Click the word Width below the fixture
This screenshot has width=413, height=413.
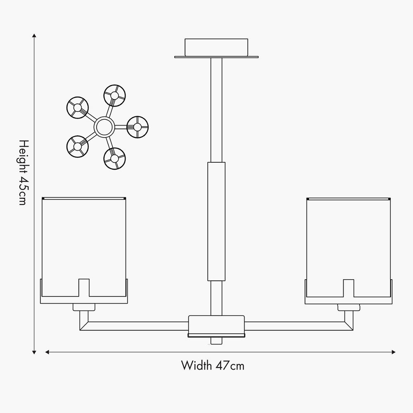197,366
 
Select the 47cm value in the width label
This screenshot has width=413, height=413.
230,366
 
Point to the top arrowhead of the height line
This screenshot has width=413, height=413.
34,36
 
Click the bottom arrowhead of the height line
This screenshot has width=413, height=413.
34,352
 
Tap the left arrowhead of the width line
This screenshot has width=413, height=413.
47,352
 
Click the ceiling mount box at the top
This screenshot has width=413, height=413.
216,47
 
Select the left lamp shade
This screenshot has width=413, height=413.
84,247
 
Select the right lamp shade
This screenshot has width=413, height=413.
349,247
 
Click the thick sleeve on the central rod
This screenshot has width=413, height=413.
216,221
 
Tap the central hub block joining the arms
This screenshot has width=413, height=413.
216,325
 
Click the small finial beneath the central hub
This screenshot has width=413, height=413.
216,341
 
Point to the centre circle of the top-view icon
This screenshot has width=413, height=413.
104,127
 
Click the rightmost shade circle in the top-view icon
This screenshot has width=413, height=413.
138,127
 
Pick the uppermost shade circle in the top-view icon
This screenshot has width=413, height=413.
114,95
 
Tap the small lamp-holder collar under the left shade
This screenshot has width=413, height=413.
84,307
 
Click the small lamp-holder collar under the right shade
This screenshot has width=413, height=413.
349,307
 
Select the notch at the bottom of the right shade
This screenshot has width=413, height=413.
349,288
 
